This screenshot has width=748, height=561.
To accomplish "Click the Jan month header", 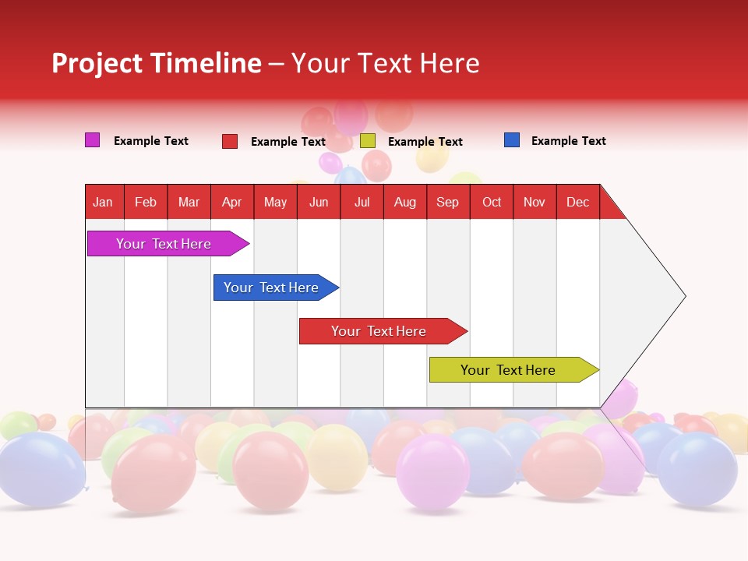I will click(x=104, y=202).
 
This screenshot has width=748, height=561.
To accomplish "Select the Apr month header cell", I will click(x=232, y=202).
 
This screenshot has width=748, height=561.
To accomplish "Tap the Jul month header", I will click(x=362, y=202).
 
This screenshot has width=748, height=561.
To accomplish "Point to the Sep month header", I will click(x=448, y=202).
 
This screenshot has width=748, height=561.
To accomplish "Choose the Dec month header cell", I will click(x=577, y=202).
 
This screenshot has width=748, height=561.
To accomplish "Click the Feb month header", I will click(x=146, y=202).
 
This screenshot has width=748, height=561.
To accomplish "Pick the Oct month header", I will click(x=492, y=202).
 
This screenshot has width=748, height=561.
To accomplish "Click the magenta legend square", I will click(x=92, y=140).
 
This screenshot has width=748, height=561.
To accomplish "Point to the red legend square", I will click(x=230, y=141).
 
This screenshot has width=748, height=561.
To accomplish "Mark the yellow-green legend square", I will click(x=368, y=141).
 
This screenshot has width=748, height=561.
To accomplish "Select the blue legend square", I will click(x=512, y=140).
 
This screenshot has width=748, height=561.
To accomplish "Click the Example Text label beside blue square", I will click(x=568, y=141).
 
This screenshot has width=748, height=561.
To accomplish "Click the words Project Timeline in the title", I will click(x=157, y=63).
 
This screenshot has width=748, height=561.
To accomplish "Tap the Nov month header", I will click(x=535, y=202).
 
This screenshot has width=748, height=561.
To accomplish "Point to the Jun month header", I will click(x=319, y=202).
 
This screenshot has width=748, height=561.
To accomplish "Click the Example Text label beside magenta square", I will click(x=151, y=141).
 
